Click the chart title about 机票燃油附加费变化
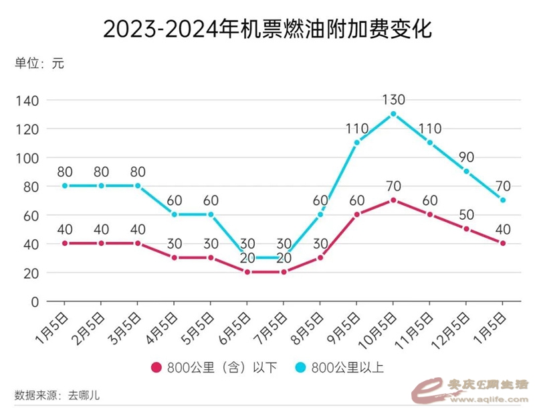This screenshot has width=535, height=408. click(267, 29)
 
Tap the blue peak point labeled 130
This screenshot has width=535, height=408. click(393, 114)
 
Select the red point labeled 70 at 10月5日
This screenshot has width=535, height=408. click(393, 200)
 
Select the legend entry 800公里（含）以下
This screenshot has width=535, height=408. click(214, 366)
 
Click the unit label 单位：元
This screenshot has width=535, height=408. click(39, 64)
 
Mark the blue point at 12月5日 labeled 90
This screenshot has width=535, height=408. click(466, 172)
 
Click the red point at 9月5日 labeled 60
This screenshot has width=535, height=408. click(356, 214)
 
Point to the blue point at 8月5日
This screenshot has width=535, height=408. click(320, 214)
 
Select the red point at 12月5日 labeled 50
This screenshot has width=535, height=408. click(466, 229)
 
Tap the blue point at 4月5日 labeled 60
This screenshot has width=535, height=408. click(175, 214)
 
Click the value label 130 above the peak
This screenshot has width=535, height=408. click(393, 100)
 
